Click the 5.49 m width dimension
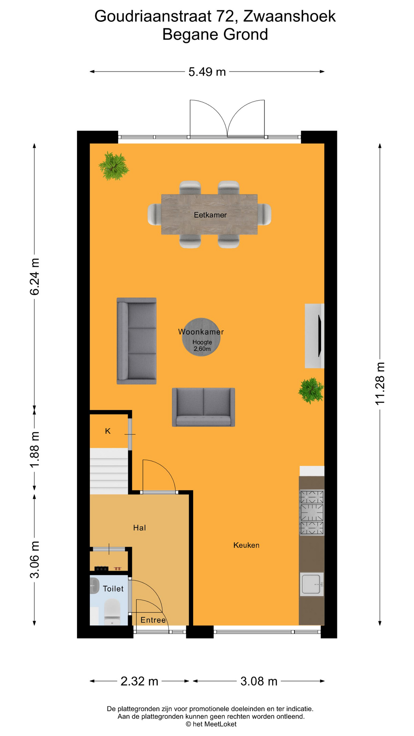pos(207,72)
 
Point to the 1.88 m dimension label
pos(34,449)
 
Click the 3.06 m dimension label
pos(34,560)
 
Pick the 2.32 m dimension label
pos(139,681)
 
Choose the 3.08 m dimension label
pos(259,681)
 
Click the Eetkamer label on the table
pos(210,215)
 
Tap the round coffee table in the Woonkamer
pos(201,337)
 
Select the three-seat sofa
pos(136,341)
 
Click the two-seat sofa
pos(204,407)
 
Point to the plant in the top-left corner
pos(113,166)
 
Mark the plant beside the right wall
pos(311,390)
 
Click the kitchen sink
pos(311,584)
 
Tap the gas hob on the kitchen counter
pos(312,513)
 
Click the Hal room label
pos(140,528)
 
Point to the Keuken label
pos(246,545)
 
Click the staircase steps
pos(109,472)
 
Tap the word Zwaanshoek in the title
pos(289,16)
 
